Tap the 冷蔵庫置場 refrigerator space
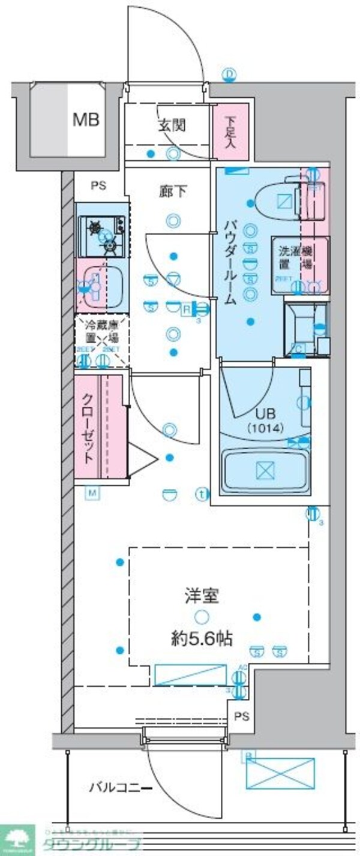[x=102, y=340]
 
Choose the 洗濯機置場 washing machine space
[x=299, y=265]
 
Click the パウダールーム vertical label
[x=230, y=263]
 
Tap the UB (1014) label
[x=265, y=421]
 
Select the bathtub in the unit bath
[x=265, y=470]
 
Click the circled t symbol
[x=202, y=495]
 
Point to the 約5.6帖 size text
[x=200, y=638]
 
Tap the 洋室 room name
[x=200, y=596]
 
